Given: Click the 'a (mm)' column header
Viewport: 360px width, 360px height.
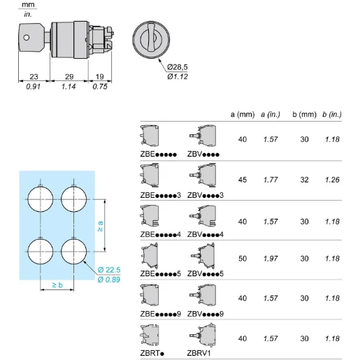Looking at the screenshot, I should (242, 114).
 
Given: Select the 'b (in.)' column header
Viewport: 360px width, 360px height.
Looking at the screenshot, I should (332, 114).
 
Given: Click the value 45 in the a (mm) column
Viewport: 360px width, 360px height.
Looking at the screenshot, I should (242, 179).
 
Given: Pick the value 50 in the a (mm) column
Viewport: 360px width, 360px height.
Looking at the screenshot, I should (242, 259).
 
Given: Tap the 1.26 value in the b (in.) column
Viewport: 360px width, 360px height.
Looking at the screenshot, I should (332, 179).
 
